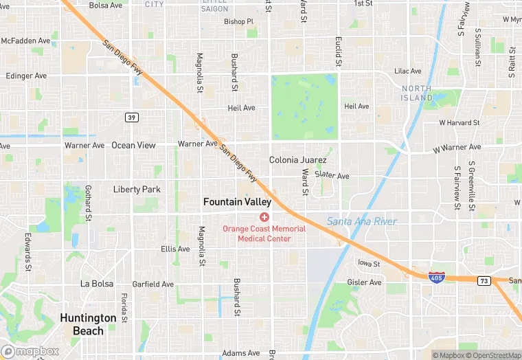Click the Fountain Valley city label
pos(237,202)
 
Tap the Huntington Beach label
pos(87,324)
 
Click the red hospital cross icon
pos(264,217)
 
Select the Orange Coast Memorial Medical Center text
pos(264,234)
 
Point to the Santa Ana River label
pos(361,221)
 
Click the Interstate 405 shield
pos(435,278)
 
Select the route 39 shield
pos(131,117)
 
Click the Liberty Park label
pos(137,189)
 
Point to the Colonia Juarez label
pos(293,159)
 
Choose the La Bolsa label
pos(95,283)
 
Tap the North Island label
pos(417,93)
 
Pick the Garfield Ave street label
pos(153,284)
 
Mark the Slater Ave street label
pos(332,176)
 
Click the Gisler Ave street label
pos(365,282)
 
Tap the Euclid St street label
pos(338,52)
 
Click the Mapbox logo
pos(30,351)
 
